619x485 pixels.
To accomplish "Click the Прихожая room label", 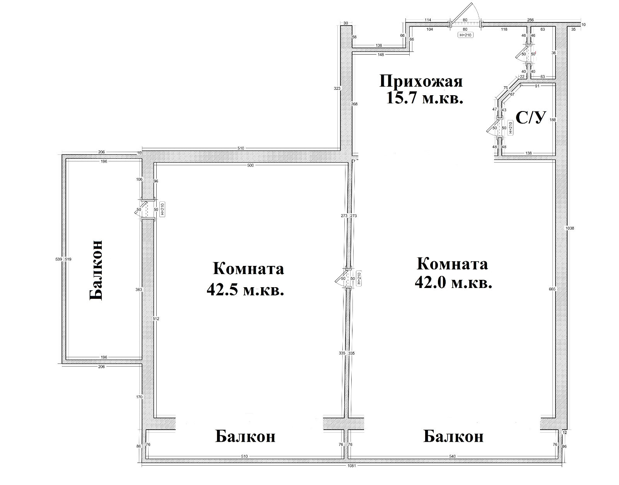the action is tap(421, 82).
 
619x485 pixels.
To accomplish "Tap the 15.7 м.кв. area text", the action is tap(424, 98).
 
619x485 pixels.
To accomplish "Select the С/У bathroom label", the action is tap(530, 118).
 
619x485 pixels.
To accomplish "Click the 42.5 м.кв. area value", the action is tap(245, 290).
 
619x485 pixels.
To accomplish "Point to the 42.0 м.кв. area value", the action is tap(453, 283).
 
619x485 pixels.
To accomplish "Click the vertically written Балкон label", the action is tap(96, 270).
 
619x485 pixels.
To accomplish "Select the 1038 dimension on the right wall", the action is tap(569, 228).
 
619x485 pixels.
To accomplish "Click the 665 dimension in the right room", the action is tap(552, 289).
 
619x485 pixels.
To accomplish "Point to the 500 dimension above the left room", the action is tap(250, 165).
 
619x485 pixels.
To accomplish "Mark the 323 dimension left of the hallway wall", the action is tap(337, 88).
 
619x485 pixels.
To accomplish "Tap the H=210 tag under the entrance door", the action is tap(465, 35).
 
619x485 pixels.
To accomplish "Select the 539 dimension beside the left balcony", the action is tap(59, 259).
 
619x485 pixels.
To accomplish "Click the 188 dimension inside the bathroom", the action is tap(552, 120).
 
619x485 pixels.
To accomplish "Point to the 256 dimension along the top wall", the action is tap(530, 20).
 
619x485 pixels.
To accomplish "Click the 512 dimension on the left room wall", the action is tap(156, 319).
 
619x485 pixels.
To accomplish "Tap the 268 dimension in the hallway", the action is tap(354, 104).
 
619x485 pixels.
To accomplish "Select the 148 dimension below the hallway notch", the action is tap(381, 55).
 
